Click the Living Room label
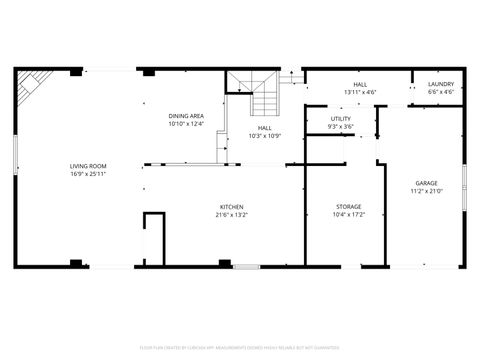[88, 166]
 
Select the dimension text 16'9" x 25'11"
[88, 174]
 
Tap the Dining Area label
[186, 116]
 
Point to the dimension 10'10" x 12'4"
[186, 124]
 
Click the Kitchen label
[231, 207]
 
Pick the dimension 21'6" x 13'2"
[231, 215]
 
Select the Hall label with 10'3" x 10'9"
[264, 128]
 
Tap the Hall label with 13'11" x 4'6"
[360, 84]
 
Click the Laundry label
[441, 84]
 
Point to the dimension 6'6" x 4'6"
[441, 92]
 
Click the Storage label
[348, 207]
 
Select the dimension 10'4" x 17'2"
[348, 215]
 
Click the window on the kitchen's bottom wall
[246, 267]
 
